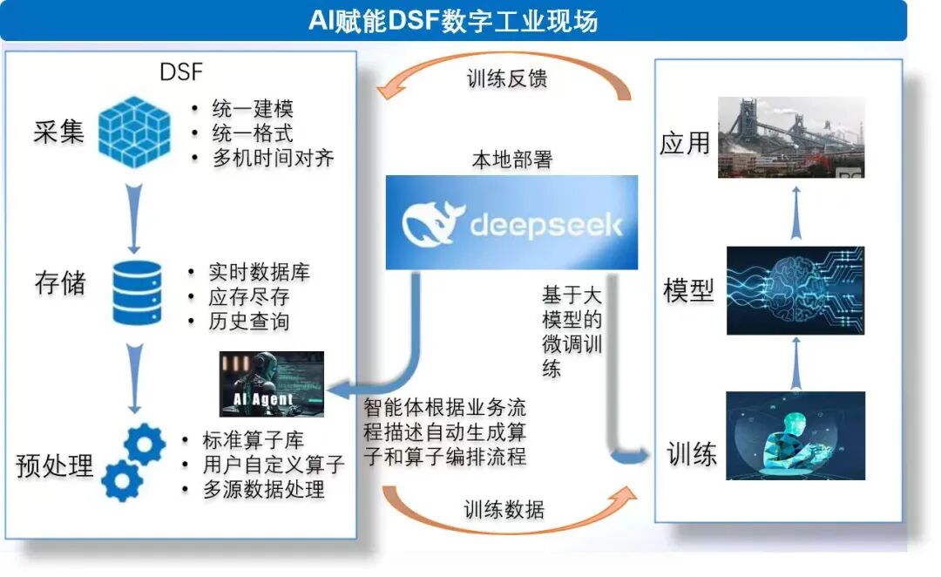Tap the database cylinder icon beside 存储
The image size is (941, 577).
(137, 291)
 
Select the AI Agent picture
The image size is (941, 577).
(271, 384)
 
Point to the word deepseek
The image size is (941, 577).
(546, 225)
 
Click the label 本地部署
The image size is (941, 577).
(512, 160)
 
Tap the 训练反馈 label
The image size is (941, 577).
(506, 78)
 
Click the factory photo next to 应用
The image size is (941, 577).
(791, 138)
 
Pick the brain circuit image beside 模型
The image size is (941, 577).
(795, 290)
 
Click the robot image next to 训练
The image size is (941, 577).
(795, 436)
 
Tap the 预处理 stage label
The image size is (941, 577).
(54, 465)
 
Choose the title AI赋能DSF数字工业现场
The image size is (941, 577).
(453, 19)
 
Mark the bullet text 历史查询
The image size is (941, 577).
(248, 321)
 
